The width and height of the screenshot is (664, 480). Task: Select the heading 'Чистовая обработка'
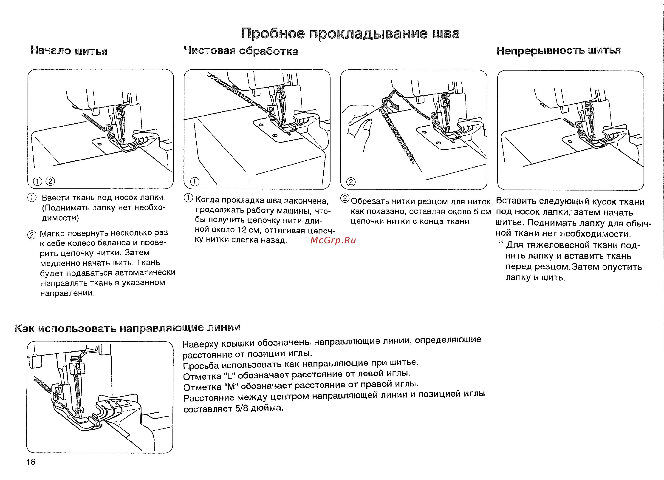coord(241,51)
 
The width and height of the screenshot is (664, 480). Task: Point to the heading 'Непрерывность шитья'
coord(558,50)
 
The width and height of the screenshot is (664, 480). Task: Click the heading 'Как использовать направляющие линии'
coord(128,328)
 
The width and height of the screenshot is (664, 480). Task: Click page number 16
coord(31,462)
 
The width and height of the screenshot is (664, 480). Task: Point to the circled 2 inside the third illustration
coord(351,182)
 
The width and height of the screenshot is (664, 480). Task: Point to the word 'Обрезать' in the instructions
coord(366,202)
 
